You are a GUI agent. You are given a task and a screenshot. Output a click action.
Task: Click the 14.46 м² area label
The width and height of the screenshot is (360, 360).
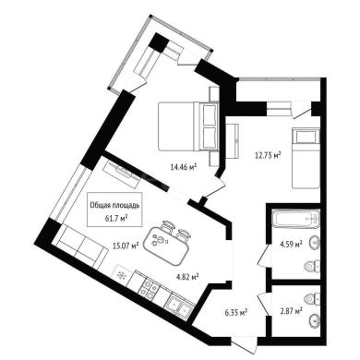click(x=184, y=167)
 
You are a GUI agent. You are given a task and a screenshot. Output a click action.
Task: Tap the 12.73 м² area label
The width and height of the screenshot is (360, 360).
click(x=268, y=155)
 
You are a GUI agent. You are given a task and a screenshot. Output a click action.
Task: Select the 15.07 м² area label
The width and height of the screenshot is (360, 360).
click(x=126, y=246)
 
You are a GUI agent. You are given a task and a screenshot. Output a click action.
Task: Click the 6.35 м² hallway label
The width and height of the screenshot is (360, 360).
click(x=235, y=313)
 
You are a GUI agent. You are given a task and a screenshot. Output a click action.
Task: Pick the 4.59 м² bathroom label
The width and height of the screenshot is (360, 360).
click(x=290, y=245)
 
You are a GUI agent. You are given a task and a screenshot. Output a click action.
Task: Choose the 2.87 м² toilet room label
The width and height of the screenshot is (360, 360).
click(x=290, y=312)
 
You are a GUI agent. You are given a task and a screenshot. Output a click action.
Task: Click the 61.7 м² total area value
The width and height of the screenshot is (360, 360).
click(x=116, y=218)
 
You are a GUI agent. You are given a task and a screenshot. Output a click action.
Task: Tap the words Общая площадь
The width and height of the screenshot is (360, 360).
click(x=115, y=205)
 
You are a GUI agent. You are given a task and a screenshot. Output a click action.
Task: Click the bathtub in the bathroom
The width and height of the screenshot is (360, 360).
click(x=296, y=219)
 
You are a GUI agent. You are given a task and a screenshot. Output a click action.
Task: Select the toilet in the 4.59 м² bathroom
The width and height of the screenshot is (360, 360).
click(x=312, y=266)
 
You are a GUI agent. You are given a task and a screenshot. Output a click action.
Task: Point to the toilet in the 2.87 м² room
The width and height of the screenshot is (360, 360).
click(x=312, y=298)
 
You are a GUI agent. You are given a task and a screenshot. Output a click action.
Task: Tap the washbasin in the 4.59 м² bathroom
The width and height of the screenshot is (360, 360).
click(x=315, y=243)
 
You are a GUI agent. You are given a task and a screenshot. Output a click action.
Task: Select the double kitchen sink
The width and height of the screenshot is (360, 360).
click(x=180, y=306)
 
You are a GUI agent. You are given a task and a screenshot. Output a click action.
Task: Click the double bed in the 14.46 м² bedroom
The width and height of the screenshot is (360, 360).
click(x=188, y=126)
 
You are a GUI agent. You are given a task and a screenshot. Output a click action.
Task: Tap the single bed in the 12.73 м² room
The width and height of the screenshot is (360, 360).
click(x=306, y=158)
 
